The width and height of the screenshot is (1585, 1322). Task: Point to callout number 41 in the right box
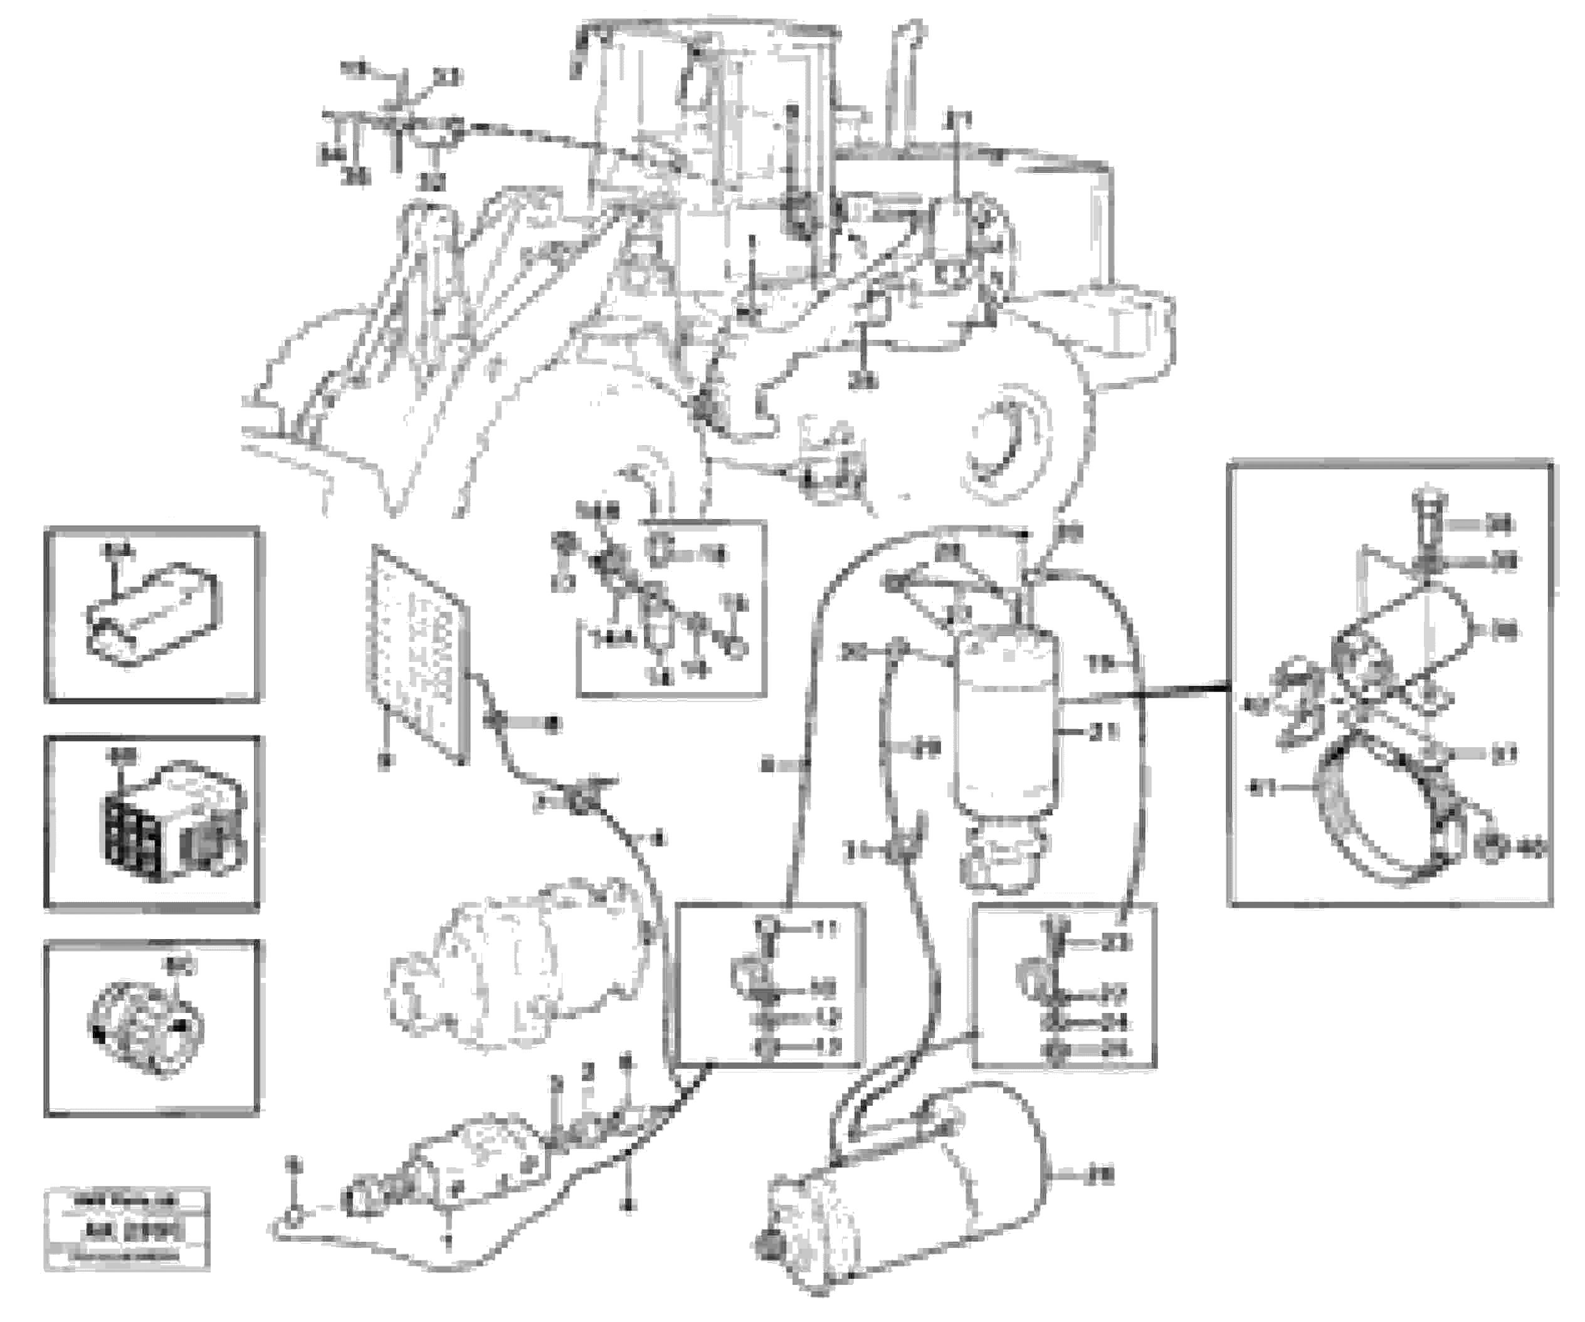click(1260, 789)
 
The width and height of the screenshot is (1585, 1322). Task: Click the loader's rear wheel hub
click(1008, 445)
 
